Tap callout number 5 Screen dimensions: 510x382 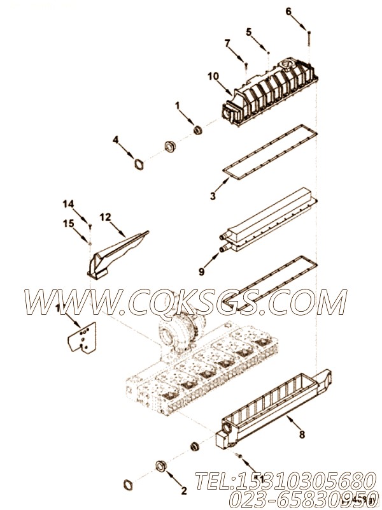pos(249,31)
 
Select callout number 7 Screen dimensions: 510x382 pos(226,43)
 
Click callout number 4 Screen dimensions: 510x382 pos(115,139)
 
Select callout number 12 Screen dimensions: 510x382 pos(105,217)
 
